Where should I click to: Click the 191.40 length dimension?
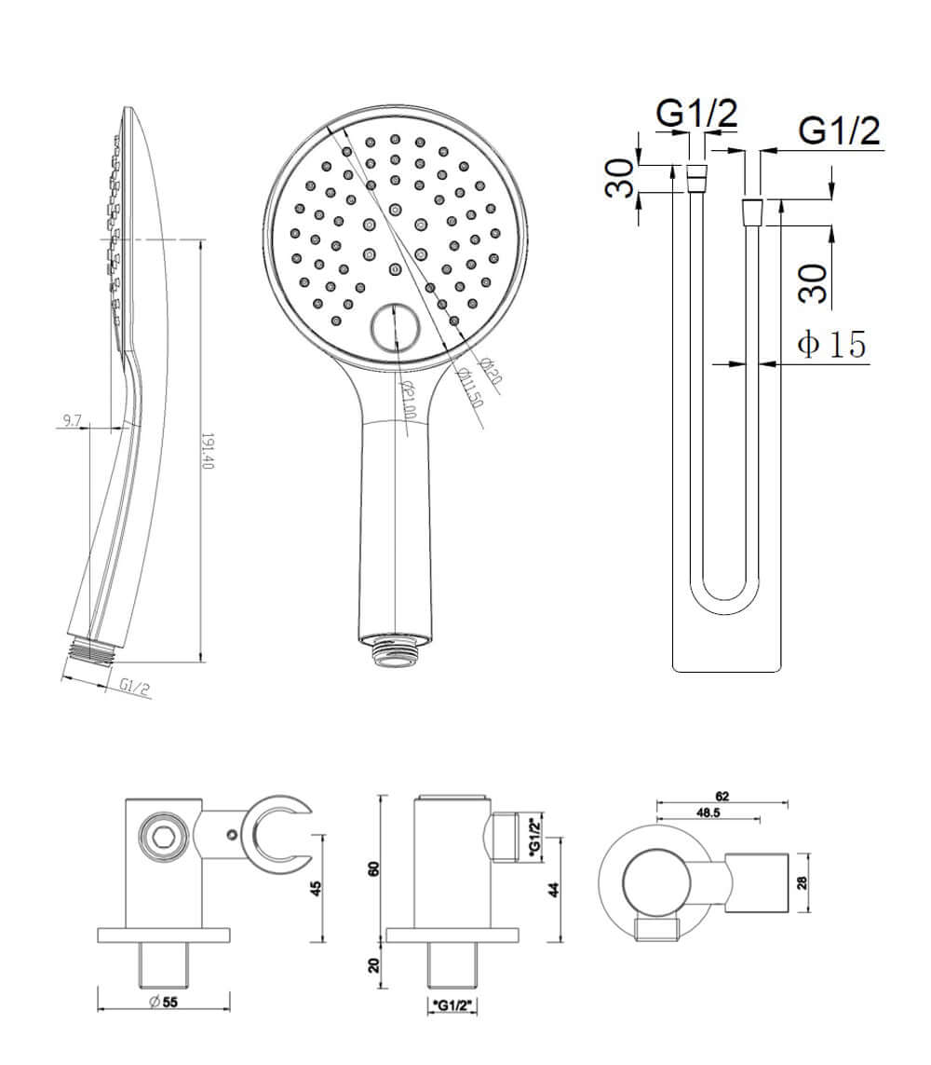click(x=208, y=451)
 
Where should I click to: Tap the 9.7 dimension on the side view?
click(x=71, y=421)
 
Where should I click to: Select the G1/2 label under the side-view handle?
click(x=135, y=687)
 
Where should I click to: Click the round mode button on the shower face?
click(x=396, y=329)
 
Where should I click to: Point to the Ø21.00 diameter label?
click(x=406, y=400)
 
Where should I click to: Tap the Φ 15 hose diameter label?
click(x=831, y=344)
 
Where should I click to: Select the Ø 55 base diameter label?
click(x=164, y=1002)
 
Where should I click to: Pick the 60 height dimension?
click(x=374, y=869)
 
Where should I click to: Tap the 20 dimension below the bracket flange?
click(x=374, y=965)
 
